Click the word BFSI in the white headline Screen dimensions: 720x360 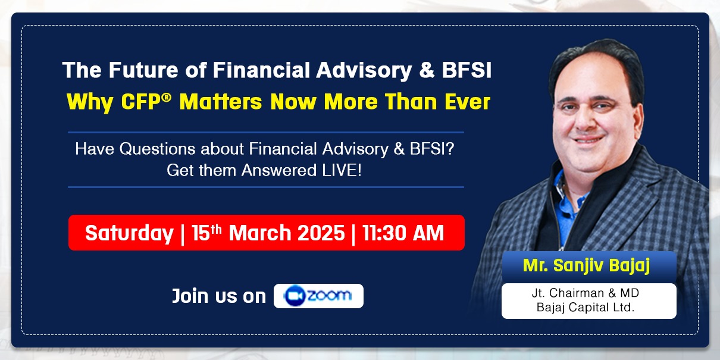467,70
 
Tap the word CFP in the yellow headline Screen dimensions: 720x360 141,102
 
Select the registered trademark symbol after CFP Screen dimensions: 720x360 166,98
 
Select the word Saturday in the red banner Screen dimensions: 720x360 129,233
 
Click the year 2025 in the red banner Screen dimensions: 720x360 321,233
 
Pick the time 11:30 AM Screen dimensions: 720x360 403,233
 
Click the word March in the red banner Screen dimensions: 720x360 260,233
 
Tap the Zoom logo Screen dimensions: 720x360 318,296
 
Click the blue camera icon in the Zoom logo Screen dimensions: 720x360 294,296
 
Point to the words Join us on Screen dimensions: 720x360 219,296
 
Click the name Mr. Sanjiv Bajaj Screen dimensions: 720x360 587,266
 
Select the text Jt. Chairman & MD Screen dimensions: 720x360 586,293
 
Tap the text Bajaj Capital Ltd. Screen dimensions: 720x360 586,307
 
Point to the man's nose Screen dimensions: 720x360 586,119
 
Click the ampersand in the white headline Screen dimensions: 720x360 427,70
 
